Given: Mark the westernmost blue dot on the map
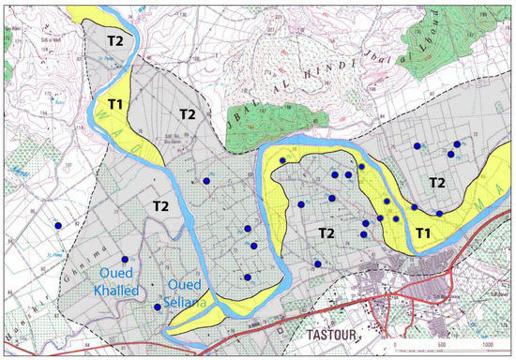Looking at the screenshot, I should pyautogui.click(x=58, y=226).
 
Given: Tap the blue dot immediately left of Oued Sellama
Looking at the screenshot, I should pyautogui.click(x=157, y=307).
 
